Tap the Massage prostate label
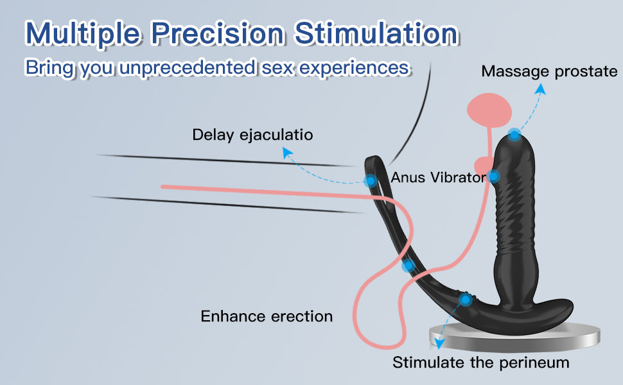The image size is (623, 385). [549, 71]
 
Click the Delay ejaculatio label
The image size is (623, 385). [252, 135]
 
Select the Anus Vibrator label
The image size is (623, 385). [437, 177]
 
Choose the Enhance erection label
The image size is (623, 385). [267, 316]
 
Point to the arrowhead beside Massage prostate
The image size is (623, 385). [540, 90]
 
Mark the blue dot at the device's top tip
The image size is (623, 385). [514, 135]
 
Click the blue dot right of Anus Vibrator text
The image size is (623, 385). [493, 176]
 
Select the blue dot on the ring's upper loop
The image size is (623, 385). [371, 181]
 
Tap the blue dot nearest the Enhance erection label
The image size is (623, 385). [408, 266]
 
